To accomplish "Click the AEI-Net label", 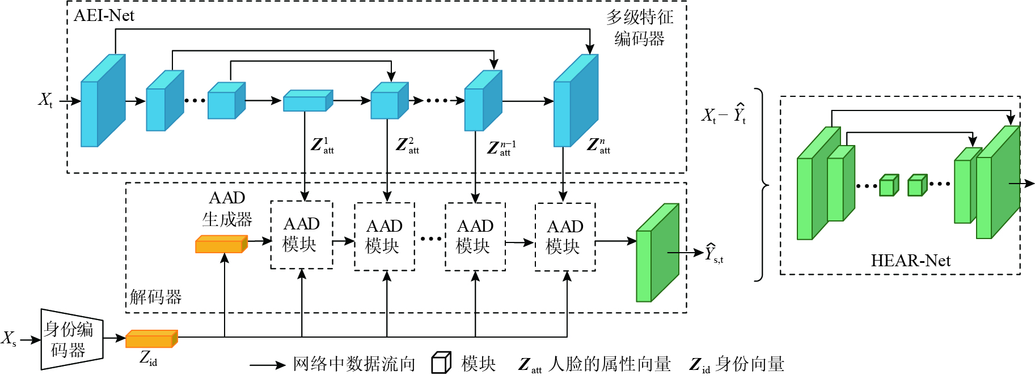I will (104, 15).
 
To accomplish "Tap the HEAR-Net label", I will (910, 261).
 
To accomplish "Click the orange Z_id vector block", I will (151, 339).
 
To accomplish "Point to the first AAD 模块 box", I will (301, 235).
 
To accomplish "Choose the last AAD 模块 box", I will (565, 237).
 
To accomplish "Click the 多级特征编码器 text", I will (640, 28).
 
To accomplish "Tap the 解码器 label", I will (155, 297).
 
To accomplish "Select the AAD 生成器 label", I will (227, 208).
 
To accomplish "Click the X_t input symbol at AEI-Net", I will (45, 100).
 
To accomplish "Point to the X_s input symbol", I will (9, 339).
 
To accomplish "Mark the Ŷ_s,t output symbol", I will (713, 253).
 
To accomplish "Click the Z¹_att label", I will (322, 146).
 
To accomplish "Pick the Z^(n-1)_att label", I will (501, 148).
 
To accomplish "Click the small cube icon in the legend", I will (441, 363).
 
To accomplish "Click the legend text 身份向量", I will (750, 364).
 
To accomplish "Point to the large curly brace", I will (762, 185).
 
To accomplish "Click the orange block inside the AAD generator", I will (221, 244).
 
